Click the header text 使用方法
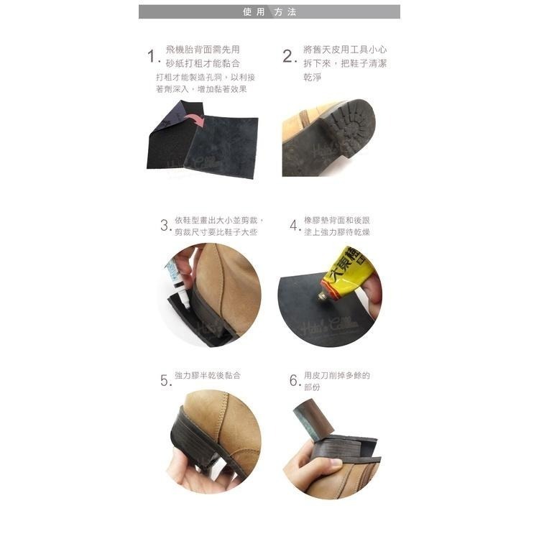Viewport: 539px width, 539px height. point(269,12)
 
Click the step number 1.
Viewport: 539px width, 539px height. point(152,57)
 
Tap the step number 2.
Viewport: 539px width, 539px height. point(289,57)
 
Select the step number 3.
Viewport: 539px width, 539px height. point(165,225)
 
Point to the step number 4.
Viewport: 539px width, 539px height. point(295,226)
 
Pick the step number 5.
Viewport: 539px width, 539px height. point(165,380)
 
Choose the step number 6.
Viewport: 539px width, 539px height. point(295,380)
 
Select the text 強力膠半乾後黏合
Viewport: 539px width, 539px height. point(208,376)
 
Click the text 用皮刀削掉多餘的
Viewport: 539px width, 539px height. point(337,375)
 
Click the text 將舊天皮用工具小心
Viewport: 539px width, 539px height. point(345,50)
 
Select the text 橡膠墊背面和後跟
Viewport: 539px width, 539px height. point(337,220)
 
